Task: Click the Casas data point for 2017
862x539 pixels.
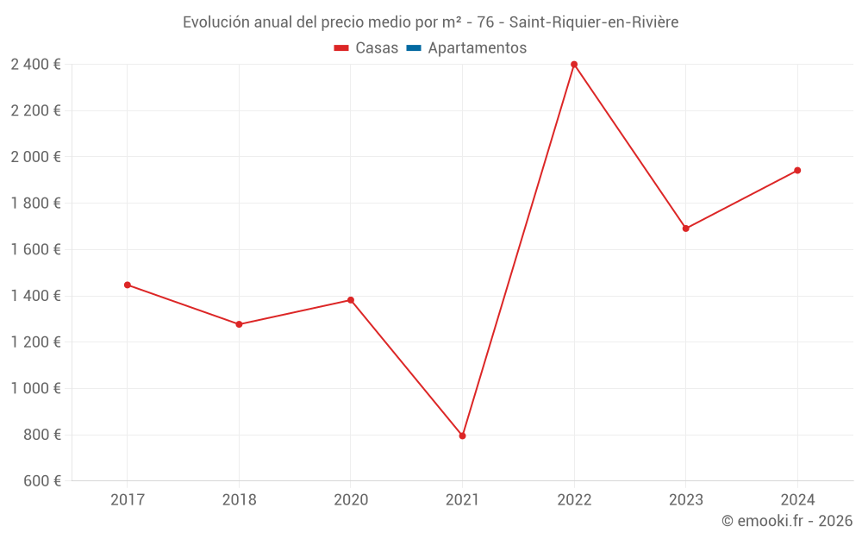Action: (x=128, y=285)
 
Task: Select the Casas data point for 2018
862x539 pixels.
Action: (x=239, y=324)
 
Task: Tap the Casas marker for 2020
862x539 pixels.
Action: (x=351, y=300)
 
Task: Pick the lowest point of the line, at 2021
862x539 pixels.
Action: (x=462, y=436)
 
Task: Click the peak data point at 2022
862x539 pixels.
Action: (x=574, y=65)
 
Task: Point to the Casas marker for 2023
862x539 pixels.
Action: (x=685, y=229)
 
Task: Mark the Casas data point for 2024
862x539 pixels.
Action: (x=797, y=170)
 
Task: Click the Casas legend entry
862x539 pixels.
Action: (x=366, y=48)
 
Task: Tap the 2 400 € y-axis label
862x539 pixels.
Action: (x=35, y=65)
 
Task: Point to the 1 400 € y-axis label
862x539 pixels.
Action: (x=35, y=296)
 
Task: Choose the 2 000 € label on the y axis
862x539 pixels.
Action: (x=35, y=157)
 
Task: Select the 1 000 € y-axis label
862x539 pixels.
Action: (x=35, y=389)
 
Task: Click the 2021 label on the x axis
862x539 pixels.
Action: (x=462, y=500)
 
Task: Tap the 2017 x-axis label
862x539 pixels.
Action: (x=128, y=500)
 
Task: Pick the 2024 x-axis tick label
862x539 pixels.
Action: (x=797, y=500)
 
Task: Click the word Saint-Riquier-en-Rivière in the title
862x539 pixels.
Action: (x=594, y=22)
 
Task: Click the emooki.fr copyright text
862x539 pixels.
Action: (x=787, y=521)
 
